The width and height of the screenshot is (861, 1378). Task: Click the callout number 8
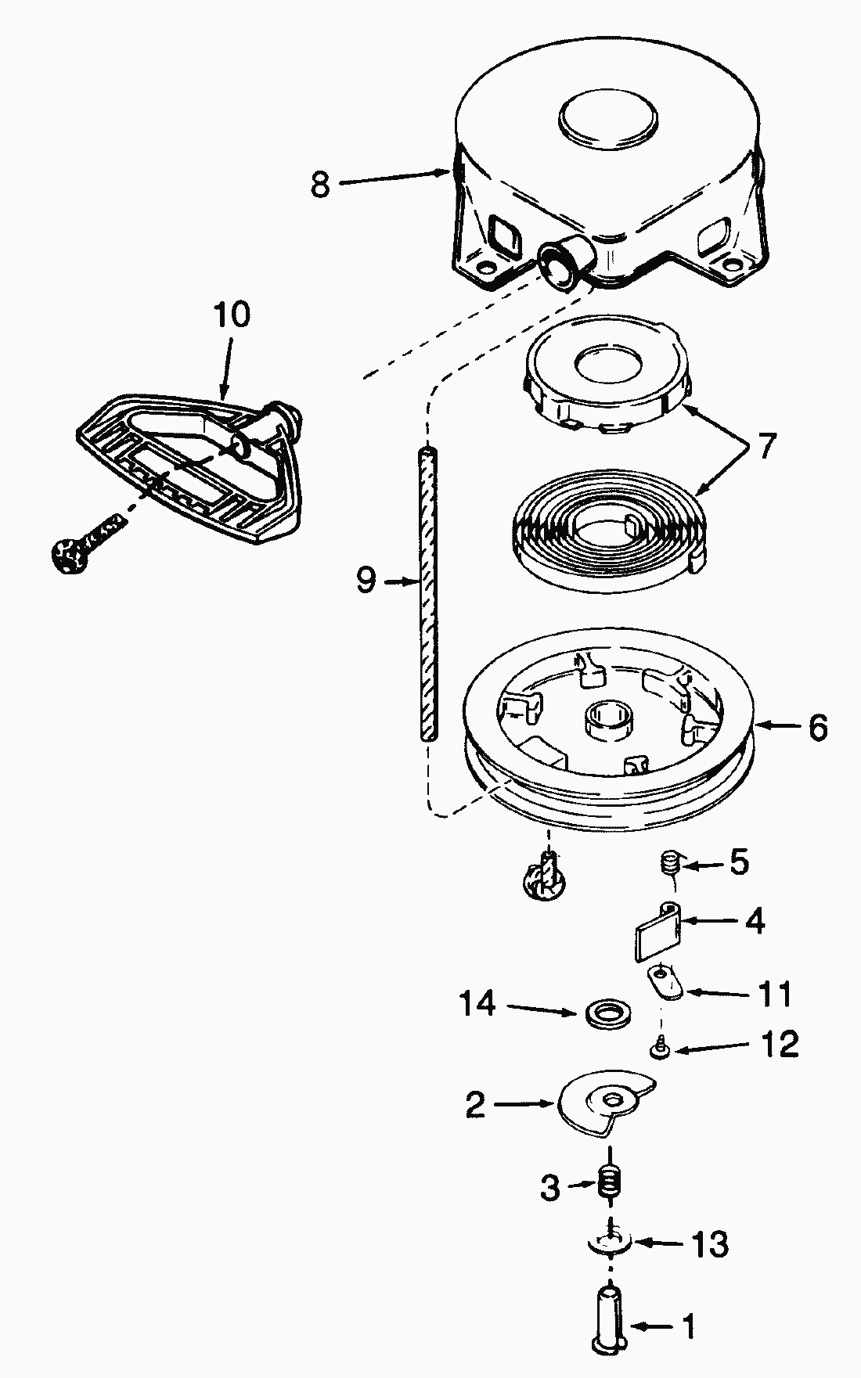click(x=320, y=185)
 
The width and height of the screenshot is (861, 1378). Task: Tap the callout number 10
click(x=232, y=315)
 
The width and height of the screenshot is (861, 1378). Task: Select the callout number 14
click(x=477, y=1003)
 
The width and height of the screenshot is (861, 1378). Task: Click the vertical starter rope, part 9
click(x=427, y=592)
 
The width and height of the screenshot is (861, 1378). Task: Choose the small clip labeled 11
click(x=666, y=981)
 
